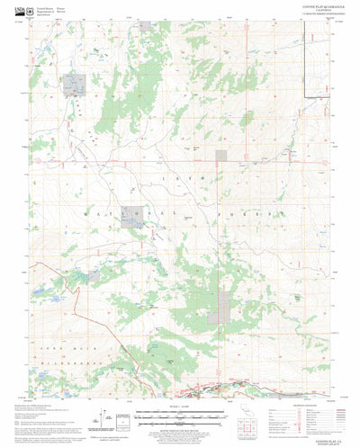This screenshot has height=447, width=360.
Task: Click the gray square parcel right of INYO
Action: (221, 155)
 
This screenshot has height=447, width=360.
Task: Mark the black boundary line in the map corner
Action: (306, 45)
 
